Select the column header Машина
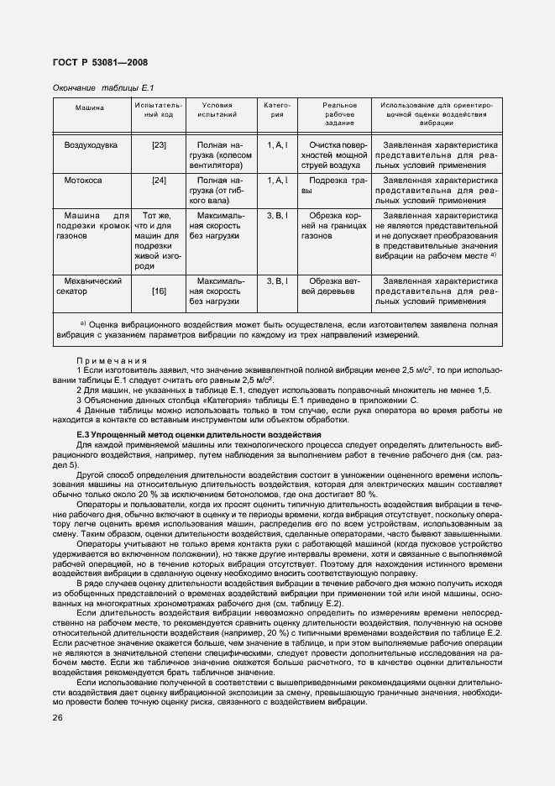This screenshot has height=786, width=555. click(89, 107)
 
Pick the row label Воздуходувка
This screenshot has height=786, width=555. click(91, 145)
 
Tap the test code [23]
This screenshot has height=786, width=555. click(159, 145)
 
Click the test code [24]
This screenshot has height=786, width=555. click(159, 181)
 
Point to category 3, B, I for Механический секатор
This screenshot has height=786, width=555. click(277, 280)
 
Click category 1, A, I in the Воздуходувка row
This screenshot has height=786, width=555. click(277, 145)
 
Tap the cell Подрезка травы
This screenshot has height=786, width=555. click(334, 186)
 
